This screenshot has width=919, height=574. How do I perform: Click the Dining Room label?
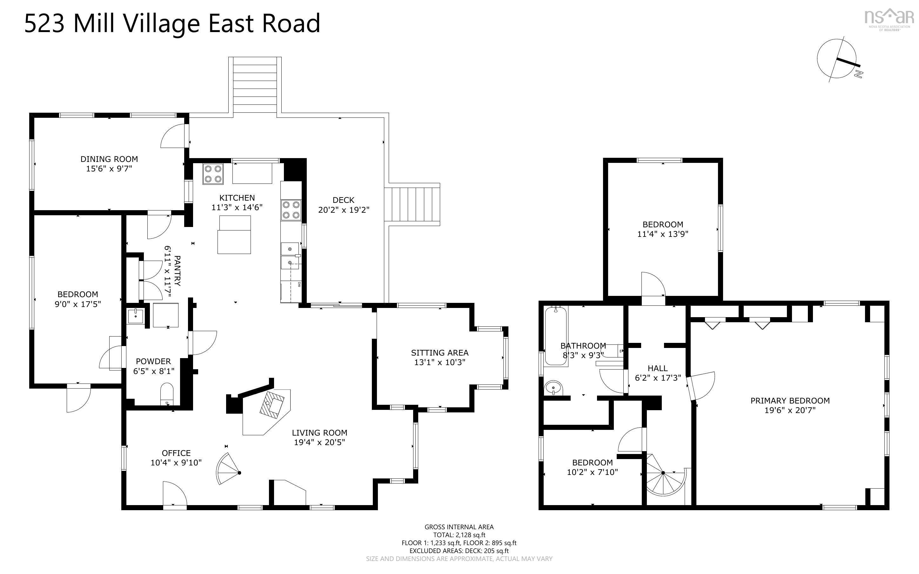109,159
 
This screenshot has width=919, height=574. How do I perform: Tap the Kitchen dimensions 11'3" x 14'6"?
237,207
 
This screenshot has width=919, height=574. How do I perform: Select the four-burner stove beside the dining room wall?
212,174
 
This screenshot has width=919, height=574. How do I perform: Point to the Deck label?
343,200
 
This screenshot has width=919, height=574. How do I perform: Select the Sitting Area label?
439,353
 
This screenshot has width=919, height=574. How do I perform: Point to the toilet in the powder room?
167,394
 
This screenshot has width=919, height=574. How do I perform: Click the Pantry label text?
177,271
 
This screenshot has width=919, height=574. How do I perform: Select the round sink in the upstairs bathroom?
553,388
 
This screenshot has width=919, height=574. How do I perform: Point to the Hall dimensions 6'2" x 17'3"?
658,378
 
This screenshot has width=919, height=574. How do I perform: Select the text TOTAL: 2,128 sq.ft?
459,535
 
